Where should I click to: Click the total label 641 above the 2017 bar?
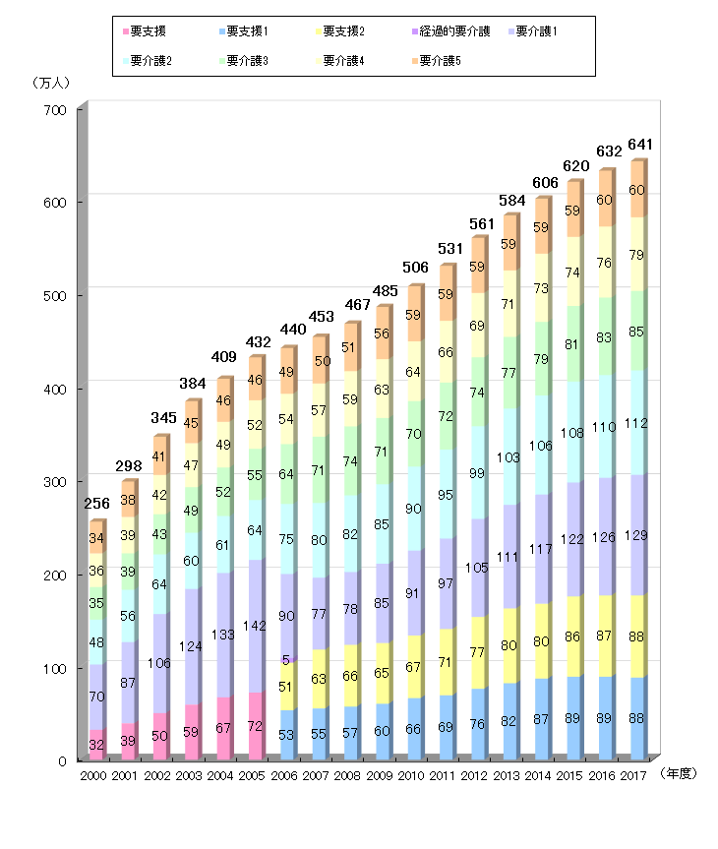(638, 145)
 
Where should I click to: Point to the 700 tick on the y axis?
(55, 110)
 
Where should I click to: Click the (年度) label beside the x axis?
(680, 773)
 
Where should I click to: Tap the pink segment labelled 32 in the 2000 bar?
(96, 745)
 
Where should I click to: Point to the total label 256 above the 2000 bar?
(96, 504)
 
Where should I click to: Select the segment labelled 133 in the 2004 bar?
(225, 635)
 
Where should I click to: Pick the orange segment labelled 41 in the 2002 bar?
(160, 456)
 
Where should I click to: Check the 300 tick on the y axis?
(55, 482)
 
